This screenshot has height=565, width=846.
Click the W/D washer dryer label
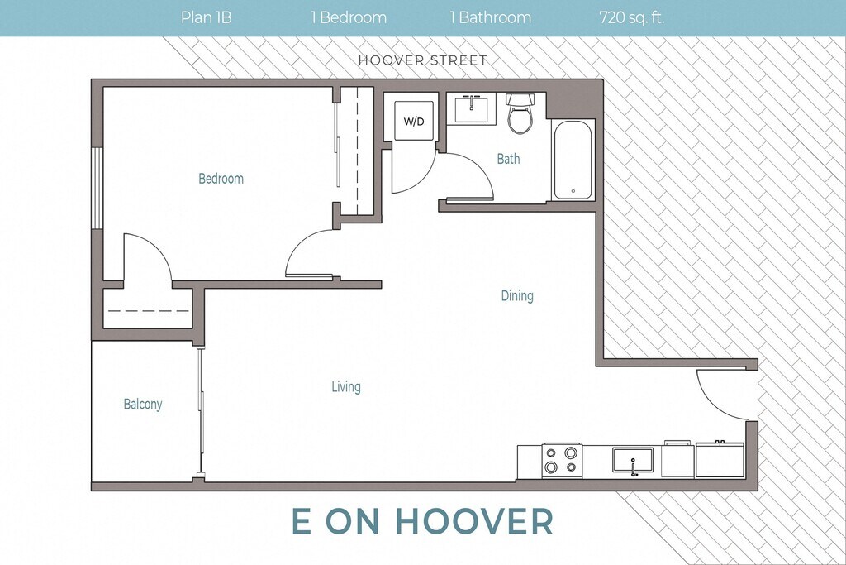(414, 122)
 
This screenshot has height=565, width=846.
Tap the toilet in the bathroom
(520, 113)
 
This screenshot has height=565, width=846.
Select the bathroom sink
(475, 109)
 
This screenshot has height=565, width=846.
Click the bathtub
(573, 160)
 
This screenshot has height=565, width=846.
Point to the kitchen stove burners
(562, 460)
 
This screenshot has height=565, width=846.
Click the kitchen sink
(632, 460)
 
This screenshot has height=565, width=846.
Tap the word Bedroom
(221, 178)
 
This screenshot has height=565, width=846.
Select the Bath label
(508, 159)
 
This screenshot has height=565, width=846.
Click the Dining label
(517, 296)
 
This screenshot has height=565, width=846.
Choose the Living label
(346, 387)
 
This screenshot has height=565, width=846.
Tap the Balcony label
(142, 404)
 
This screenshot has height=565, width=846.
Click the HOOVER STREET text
(423, 60)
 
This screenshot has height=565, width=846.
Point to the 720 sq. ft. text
(631, 18)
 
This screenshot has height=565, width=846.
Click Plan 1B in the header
(206, 17)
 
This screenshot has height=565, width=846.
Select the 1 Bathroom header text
(491, 17)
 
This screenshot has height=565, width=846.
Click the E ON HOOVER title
(422, 520)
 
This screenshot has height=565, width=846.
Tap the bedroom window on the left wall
(97, 188)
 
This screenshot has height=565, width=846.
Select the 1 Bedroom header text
(349, 17)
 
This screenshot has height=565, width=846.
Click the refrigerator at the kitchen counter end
(720, 459)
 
